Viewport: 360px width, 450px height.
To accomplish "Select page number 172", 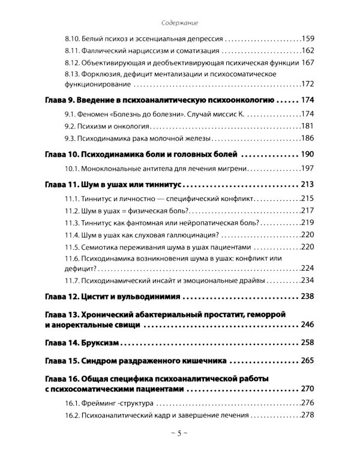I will click(x=308, y=83).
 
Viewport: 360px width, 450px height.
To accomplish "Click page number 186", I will click(x=308, y=137).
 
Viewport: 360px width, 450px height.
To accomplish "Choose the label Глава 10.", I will click(x=62, y=154).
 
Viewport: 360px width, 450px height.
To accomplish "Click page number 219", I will click(x=308, y=221).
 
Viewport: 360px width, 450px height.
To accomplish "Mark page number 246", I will click(x=308, y=325).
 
